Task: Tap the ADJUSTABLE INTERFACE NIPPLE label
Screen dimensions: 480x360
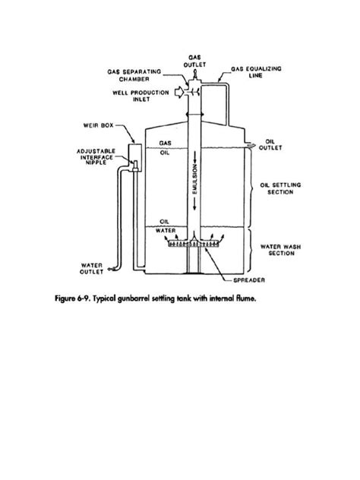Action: click(97, 156)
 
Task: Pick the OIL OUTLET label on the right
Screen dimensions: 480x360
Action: click(274, 145)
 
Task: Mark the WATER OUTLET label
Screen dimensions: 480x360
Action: click(93, 269)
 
